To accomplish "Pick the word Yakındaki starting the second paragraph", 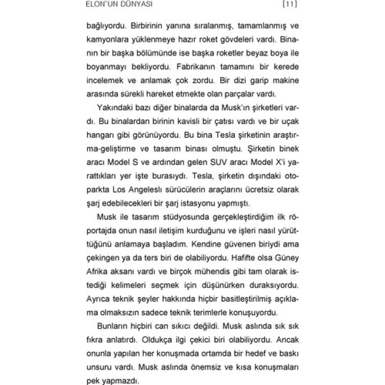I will (x=114, y=108).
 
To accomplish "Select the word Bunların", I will (x=112, y=326).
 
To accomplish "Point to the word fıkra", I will (x=94, y=340).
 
